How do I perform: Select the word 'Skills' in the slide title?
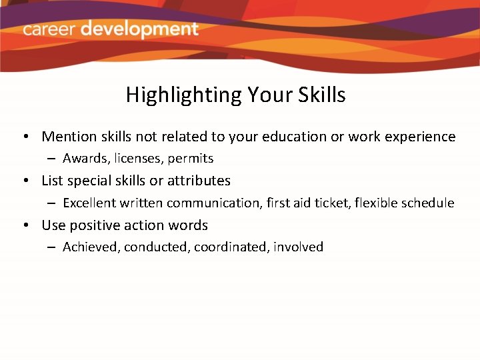[x=323, y=95]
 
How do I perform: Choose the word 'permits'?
[x=191, y=159]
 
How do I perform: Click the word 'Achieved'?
[x=91, y=247]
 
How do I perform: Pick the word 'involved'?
[x=298, y=247]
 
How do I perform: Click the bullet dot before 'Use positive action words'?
[x=24, y=226]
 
